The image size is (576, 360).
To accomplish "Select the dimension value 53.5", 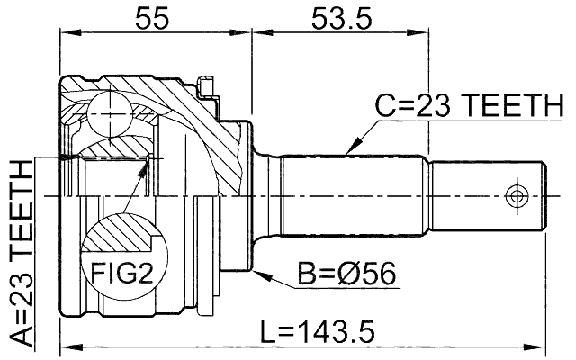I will [339, 18].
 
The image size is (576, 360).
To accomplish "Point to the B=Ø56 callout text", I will [347, 271].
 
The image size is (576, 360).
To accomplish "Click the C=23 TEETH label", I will [469, 109].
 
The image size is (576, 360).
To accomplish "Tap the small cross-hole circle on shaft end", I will [517, 195].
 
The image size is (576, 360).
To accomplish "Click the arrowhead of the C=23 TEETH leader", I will [348, 148].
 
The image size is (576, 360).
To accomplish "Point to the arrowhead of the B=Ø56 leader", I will [256, 270].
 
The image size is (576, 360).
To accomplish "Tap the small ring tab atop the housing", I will [206, 87].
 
